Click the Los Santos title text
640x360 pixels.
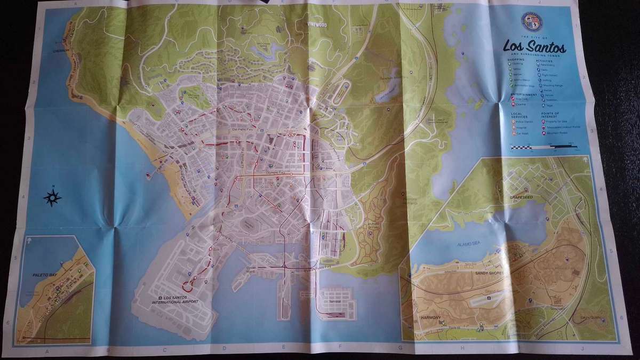click(534, 47)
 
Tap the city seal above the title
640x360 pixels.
click(531, 21)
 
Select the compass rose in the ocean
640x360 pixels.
click(52, 197)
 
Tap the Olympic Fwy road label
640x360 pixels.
click(276, 173)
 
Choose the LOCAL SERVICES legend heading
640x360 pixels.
click(519, 115)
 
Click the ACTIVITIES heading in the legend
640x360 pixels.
click(547, 61)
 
